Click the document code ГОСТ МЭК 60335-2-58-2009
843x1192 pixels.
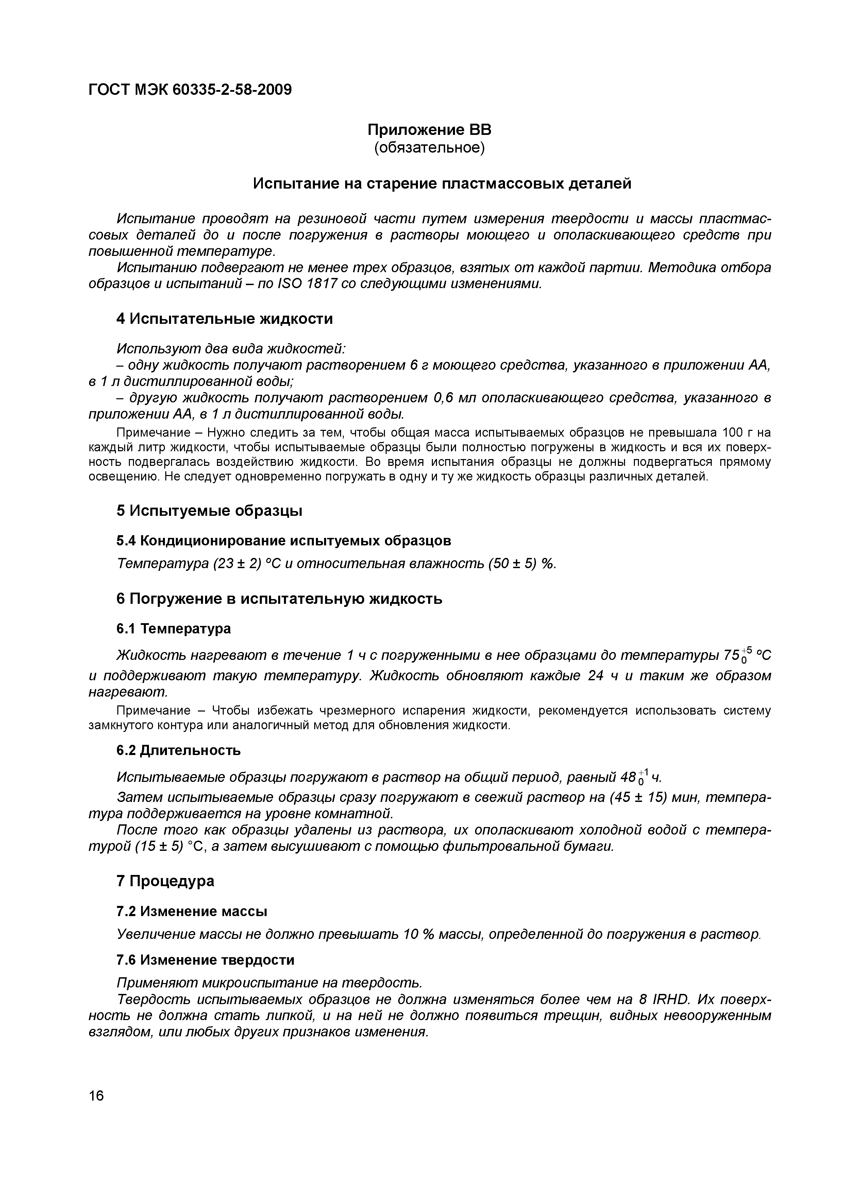coord(190,90)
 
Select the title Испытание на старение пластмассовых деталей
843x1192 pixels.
coord(442,183)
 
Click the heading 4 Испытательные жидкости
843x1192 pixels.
coord(224,318)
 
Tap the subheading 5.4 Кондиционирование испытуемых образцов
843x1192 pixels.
coord(284,541)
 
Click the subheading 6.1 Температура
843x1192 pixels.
coord(173,629)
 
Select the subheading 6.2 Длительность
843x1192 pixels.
coord(179,750)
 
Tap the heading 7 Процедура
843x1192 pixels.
coord(165,881)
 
